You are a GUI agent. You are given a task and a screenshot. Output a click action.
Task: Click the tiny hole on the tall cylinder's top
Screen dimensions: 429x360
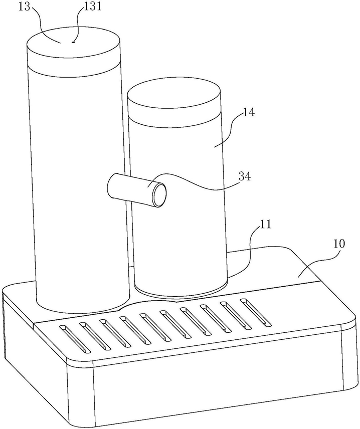coord(73,43)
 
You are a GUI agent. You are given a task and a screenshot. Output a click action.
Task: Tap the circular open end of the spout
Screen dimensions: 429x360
coord(159,195)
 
